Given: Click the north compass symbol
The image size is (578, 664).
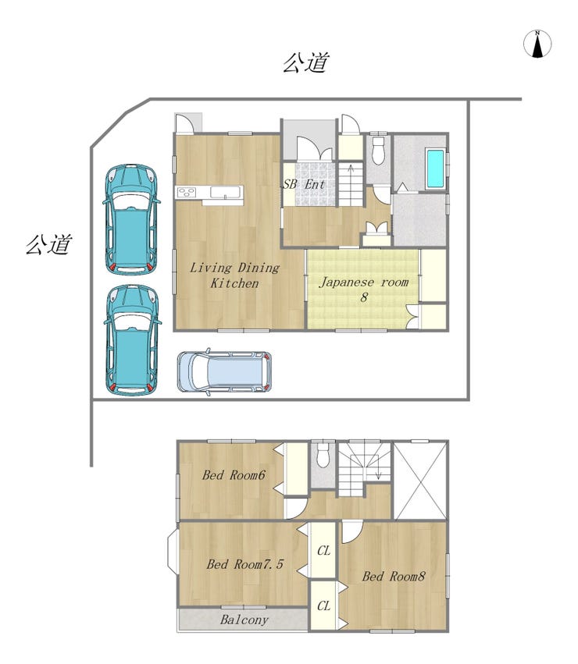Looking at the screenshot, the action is pos(537,44).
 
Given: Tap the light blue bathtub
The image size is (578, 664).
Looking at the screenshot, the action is pos(436,168).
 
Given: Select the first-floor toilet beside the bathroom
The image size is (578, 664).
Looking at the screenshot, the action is pos(378,151).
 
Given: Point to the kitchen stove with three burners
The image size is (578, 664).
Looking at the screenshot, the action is pos(187,192).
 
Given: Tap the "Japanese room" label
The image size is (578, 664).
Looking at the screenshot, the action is pos(363,282).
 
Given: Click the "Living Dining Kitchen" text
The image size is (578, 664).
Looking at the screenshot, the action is pos(234,275).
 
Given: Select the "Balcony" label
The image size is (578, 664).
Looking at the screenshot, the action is pos(244,620).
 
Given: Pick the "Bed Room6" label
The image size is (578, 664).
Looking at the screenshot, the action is pos(234,475).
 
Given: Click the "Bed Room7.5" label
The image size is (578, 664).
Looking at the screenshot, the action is pos(244,564).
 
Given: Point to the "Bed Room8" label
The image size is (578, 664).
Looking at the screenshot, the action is pos(394,576).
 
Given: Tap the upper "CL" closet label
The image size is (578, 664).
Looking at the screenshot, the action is pos(323,551).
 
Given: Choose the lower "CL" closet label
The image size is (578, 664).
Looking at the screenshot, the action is pos(323,606).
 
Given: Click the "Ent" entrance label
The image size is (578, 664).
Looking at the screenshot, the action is pos(315,184).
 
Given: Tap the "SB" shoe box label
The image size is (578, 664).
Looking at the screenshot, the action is pos(290,184).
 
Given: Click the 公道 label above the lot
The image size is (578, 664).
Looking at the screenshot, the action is pos(305,62).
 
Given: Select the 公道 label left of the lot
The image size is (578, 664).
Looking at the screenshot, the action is pos(48,245).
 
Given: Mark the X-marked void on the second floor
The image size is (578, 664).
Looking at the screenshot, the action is pos(420,480).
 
